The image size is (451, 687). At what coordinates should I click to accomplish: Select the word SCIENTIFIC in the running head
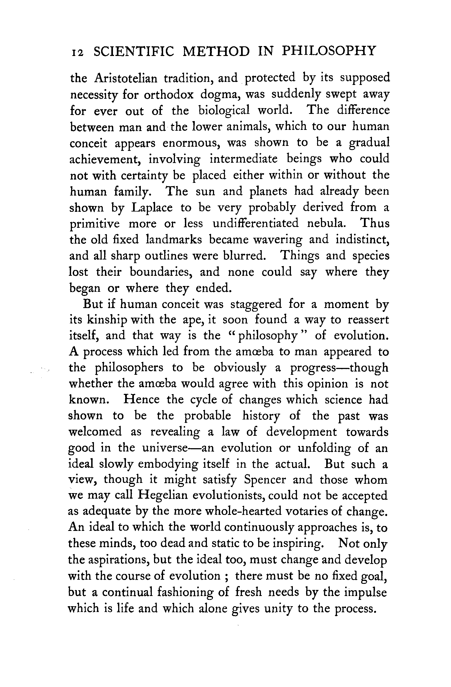[x=134, y=51]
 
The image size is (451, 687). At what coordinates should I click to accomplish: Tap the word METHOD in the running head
[x=216, y=51]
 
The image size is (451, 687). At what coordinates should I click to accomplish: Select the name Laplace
[x=152, y=208]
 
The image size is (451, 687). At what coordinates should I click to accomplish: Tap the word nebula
[x=326, y=224]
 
